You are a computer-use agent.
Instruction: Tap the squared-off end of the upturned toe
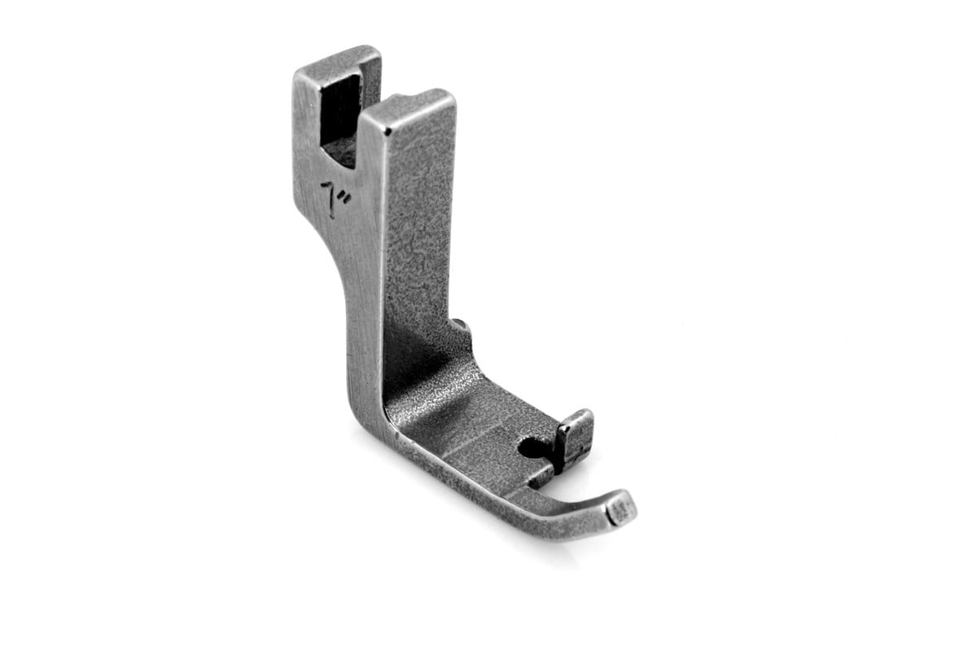point(623,512)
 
